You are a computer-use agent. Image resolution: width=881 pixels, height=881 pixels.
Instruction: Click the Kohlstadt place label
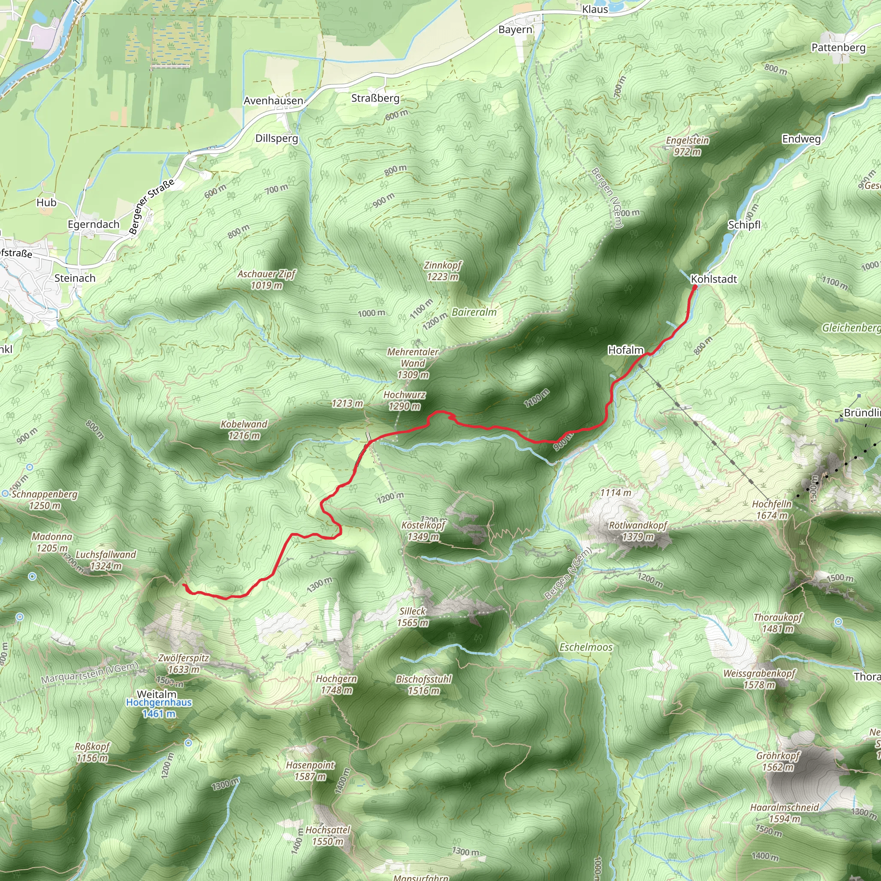[x=714, y=279]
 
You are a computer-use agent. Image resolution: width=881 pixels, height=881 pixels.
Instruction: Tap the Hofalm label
[x=625, y=350]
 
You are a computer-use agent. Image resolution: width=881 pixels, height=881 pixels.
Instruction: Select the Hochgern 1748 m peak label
[x=336, y=684]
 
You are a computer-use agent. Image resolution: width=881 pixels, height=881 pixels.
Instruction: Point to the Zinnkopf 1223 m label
[x=442, y=271]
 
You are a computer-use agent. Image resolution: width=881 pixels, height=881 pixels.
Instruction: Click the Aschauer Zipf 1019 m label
[x=266, y=279]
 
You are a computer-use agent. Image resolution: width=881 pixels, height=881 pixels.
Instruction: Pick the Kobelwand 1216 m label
[x=244, y=430]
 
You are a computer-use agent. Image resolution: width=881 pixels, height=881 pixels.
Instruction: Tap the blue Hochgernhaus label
[x=159, y=702]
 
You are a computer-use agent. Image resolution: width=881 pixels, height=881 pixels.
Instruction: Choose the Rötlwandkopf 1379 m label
[x=638, y=531]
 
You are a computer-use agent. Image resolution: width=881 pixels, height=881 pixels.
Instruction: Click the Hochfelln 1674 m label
[x=772, y=509]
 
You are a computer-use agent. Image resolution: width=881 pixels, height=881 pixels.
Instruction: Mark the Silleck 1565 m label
[x=412, y=616]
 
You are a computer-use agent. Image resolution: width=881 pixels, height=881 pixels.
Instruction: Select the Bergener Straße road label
[x=151, y=206]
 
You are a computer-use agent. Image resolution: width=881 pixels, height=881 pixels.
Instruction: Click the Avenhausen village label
[x=273, y=100]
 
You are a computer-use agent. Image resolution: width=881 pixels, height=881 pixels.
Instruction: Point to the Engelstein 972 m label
[x=687, y=145]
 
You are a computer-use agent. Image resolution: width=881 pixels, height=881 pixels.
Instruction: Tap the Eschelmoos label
[x=586, y=647]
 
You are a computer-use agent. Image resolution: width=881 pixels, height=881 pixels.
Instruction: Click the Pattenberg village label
[x=838, y=47]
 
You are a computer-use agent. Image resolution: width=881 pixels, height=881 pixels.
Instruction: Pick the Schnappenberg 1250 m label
[x=45, y=499]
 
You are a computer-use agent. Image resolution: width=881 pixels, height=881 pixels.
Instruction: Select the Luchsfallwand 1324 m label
[x=106, y=560]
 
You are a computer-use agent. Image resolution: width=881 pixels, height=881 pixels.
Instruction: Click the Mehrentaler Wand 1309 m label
[x=413, y=363]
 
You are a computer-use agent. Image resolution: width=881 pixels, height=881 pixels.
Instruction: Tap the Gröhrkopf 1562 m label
[x=778, y=761]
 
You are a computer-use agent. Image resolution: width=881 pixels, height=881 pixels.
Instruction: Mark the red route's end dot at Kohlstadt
[x=694, y=287]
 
